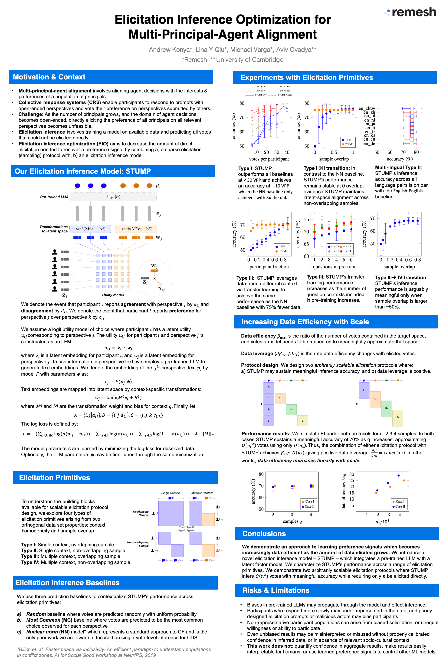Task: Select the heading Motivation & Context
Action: tap(49, 77)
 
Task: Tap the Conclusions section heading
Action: tap(264, 534)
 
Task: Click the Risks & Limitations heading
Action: tap(276, 590)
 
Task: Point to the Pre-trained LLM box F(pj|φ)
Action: tap(113, 197)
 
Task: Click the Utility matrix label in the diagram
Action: tap(113, 295)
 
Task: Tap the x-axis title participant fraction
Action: tap(269, 267)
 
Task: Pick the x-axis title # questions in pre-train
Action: tap(332, 267)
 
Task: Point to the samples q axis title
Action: tap(292, 521)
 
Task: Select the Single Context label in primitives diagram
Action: tap(171, 493)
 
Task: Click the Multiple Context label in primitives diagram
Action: tap(202, 493)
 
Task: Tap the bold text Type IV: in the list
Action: tap(30, 562)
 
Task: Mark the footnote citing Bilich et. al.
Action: tap(114, 652)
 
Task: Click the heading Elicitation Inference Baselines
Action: tap(67, 583)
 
